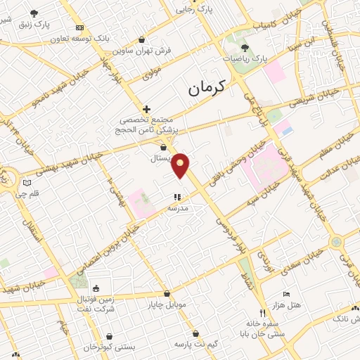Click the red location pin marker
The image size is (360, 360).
pyautogui.click(x=181, y=165)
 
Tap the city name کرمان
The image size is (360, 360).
pyautogui.click(x=206, y=88)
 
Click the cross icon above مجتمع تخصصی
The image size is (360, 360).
pyautogui.click(x=146, y=109)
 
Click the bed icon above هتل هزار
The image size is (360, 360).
pyautogui.click(x=285, y=294)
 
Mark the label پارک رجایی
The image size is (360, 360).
pyautogui.click(x=193, y=9)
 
